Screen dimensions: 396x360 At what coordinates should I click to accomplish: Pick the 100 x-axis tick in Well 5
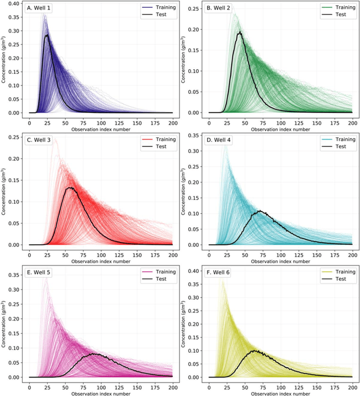pos(101,387)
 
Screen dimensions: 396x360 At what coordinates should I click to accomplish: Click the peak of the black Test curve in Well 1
pos(47,35)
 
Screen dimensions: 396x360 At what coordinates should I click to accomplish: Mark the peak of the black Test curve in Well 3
pos(70,187)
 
